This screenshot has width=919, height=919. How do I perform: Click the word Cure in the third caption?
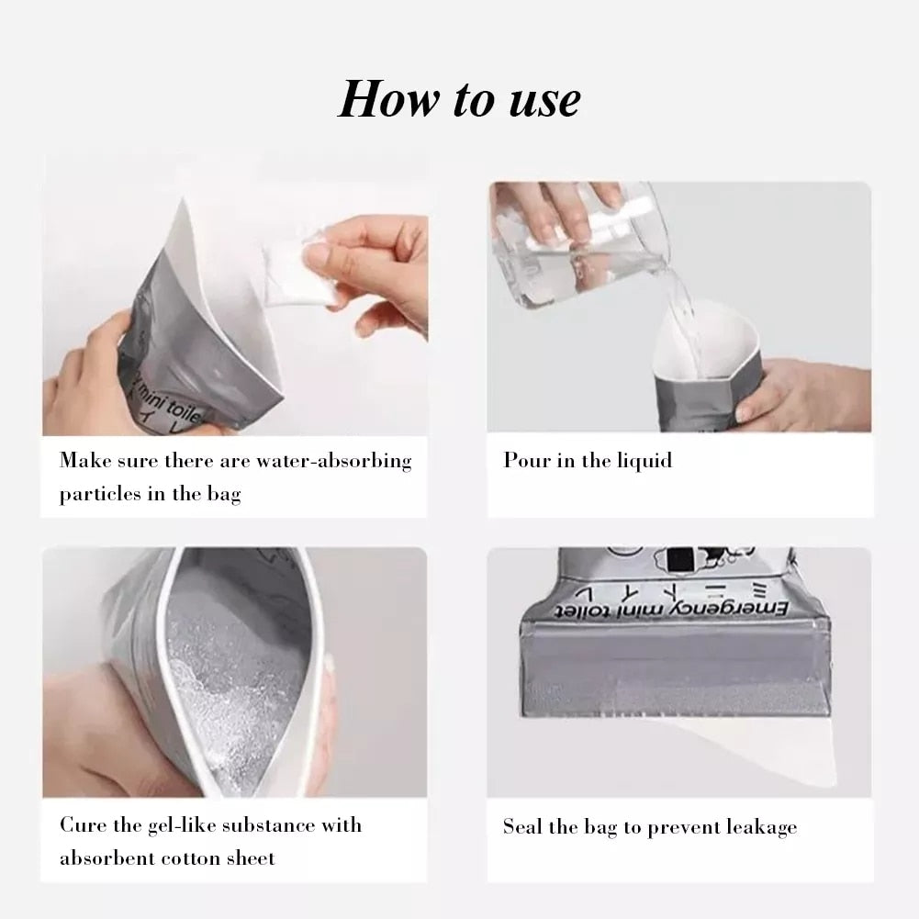click(x=81, y=824)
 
